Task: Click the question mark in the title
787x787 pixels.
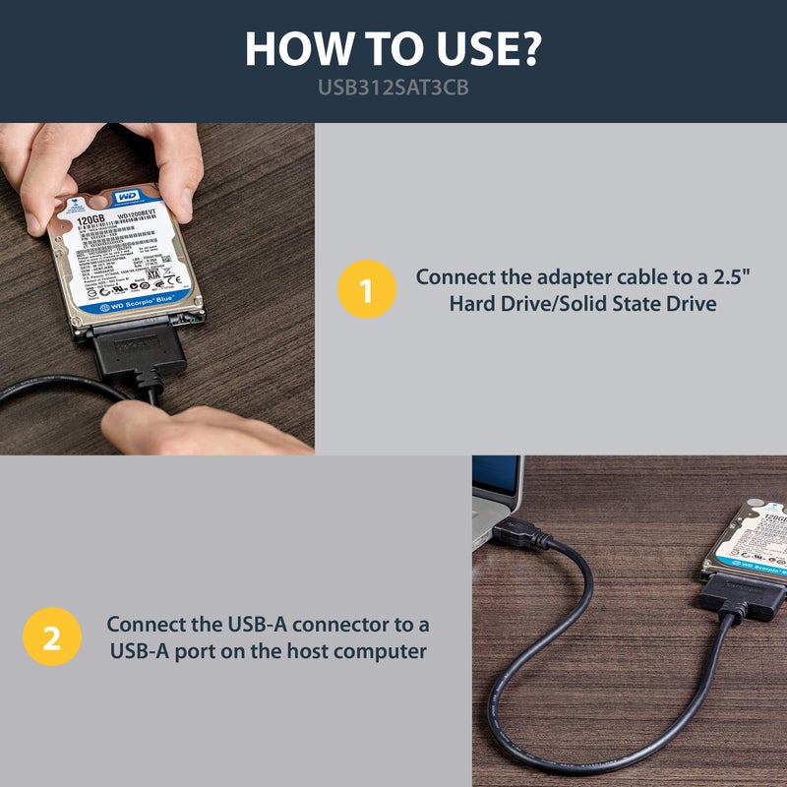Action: (529, 48)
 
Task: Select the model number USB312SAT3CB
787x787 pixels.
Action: (393, 88)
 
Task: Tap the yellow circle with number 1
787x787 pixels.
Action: (366, 291)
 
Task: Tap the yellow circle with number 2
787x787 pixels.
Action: (51, 637)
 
